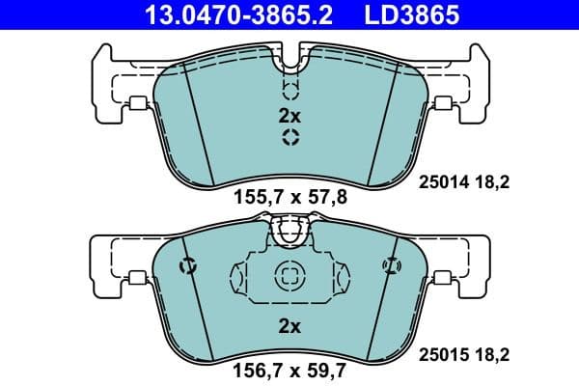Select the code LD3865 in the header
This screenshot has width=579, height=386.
pos(412,14)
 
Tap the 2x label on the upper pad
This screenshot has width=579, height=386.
pos(289,116)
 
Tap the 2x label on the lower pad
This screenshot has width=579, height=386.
pos(289,326)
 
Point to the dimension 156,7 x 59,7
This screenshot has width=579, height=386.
pos(289,368)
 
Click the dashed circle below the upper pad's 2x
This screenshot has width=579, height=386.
pos(289,138)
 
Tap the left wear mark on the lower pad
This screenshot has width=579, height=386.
pos(189,265)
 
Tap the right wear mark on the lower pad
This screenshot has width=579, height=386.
pos(391,265)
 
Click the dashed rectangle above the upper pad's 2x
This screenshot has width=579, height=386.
pos(289,90)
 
